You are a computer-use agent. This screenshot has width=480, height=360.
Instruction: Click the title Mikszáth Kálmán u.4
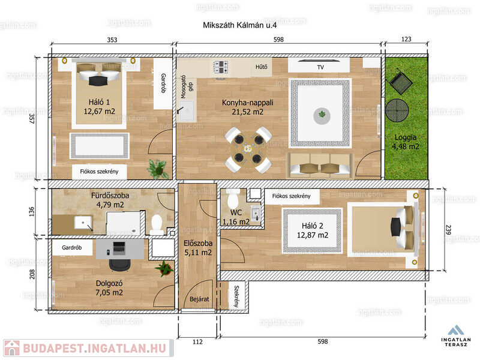pos(239,25)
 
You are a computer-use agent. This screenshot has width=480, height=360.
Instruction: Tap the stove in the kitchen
pos(221,67)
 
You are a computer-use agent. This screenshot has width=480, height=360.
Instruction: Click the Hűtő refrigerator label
pos(262,67)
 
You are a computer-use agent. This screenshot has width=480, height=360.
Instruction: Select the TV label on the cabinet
pos(320,67)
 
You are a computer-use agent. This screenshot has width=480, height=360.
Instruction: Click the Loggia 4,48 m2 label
pos(406,142)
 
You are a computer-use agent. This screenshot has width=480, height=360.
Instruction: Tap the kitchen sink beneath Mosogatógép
pos(187,110)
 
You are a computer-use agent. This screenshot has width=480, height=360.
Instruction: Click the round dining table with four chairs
pos(248,149)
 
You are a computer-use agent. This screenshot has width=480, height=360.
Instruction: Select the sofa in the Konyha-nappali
pos(320,166)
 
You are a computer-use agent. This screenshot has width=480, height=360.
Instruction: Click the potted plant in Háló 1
pos(158,169)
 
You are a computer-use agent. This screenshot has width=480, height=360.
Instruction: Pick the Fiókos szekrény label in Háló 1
pos(99,172)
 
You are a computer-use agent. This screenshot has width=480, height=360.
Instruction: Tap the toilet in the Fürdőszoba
pos(157,224)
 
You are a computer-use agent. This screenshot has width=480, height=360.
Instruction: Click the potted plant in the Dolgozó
pos(164,269)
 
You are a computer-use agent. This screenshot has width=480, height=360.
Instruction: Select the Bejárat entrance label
pos(199,299)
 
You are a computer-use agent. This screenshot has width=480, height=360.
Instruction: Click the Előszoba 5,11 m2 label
pos(198,248)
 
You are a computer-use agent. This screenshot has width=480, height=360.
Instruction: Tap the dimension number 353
pos(112,40)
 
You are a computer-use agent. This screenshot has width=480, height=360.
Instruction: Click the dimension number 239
pos(448,230)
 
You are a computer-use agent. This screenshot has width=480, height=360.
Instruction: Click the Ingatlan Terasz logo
pos(456,336)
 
